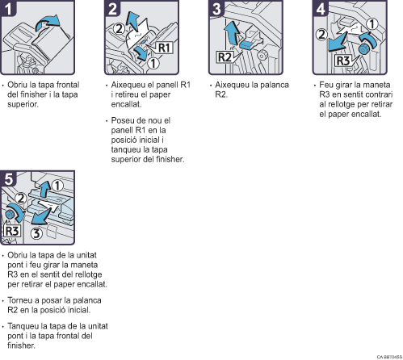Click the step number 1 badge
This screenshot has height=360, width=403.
point(8,8)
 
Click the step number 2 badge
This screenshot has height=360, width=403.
point(112,8)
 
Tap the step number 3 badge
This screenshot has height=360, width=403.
point(216,8)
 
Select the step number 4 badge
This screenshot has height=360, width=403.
point(321,8)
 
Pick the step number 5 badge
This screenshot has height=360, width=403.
point(8,178)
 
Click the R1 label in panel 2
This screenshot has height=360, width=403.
point(164,48)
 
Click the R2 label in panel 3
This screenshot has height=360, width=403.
point(225,57)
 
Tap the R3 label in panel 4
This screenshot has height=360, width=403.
point(343,61)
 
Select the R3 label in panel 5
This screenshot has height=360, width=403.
point(12,231)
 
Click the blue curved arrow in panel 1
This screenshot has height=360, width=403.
point(47,23)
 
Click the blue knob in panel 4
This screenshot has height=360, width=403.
point(364,49)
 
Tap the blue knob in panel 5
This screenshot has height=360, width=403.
point(10,215)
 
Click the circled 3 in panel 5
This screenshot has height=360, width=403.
point(36,233)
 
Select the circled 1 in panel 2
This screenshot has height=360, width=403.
point(153,64)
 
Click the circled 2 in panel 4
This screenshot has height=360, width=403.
point(321,35)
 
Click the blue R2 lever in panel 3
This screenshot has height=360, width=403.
point(247,44)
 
